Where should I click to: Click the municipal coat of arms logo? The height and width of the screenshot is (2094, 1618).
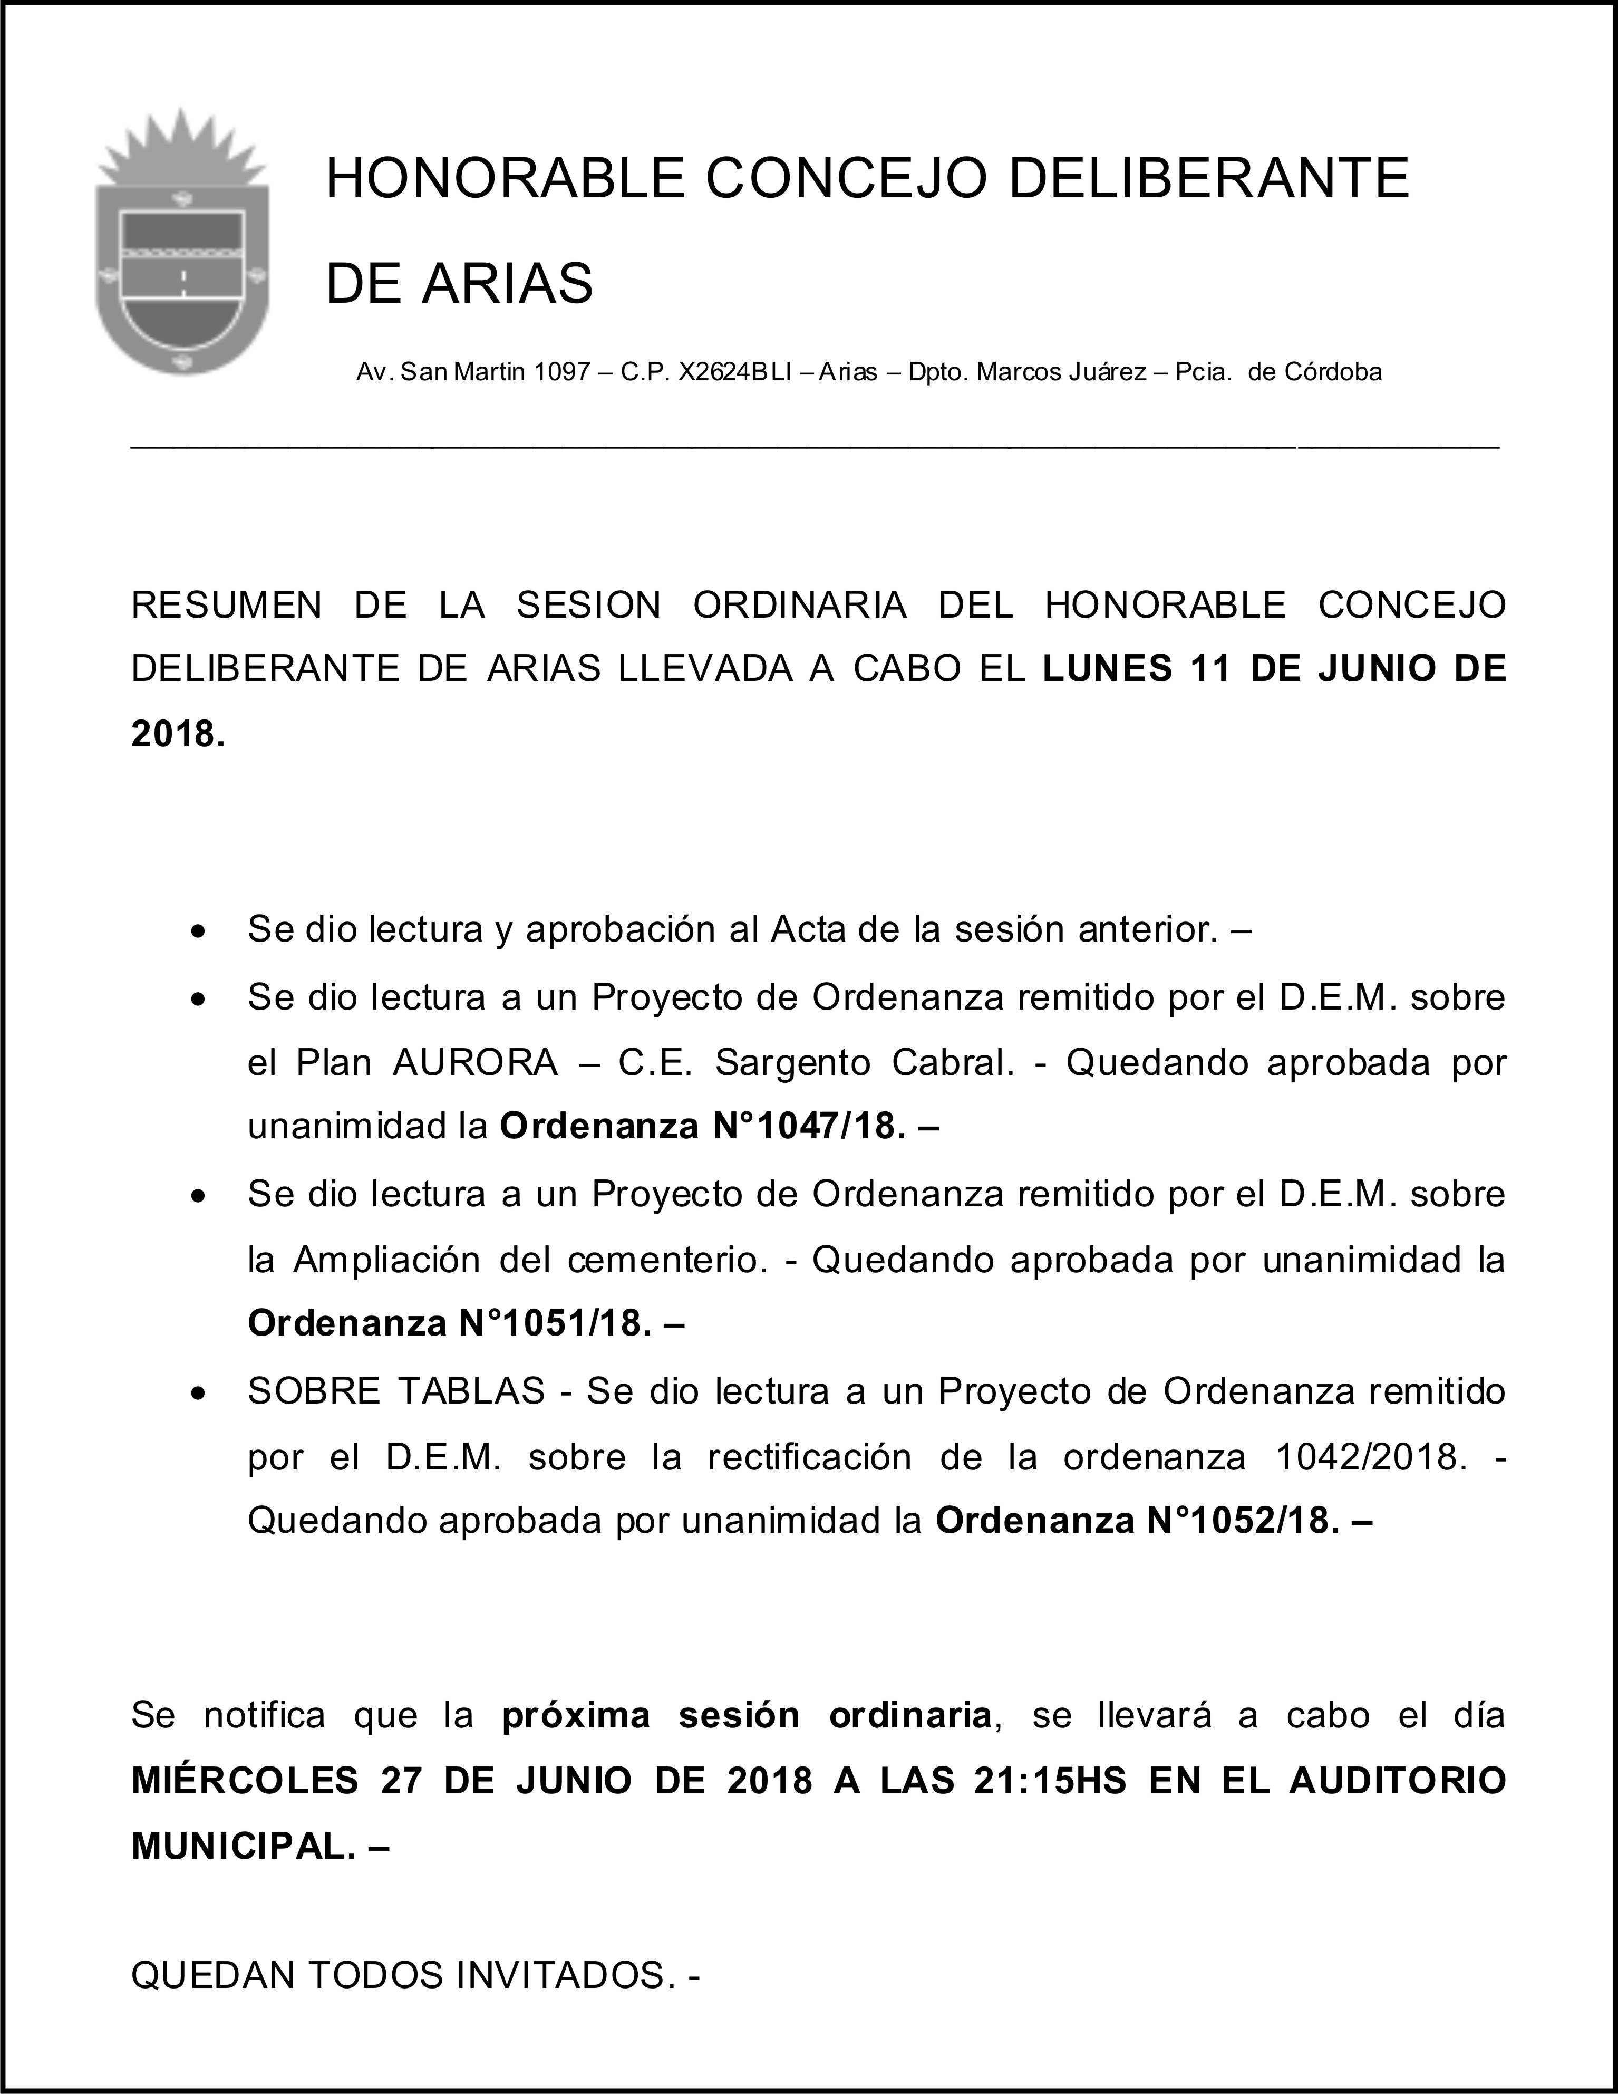[181, 245]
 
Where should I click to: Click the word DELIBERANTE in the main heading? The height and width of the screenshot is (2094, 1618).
[1209, 178]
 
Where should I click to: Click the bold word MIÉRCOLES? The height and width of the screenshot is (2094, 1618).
[245, 1781]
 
